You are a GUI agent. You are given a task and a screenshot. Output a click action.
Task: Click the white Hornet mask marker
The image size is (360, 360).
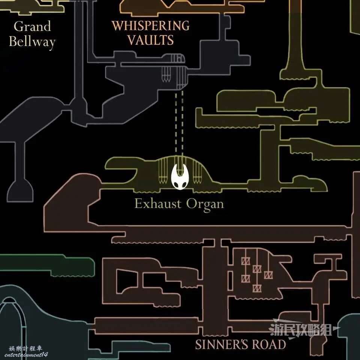[180, 176]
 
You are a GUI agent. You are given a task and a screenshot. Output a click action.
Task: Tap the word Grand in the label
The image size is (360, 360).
[32, 26]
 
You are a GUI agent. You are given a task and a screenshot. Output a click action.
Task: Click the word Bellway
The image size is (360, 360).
[32, 42]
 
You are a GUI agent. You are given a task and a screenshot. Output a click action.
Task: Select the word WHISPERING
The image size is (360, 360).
[151, 26]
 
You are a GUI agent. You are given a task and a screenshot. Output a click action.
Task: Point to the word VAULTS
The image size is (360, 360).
[151, 40]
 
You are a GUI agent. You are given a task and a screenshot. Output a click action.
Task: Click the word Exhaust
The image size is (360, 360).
[158, 204]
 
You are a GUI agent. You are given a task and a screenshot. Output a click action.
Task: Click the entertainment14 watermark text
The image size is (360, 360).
[26, 355]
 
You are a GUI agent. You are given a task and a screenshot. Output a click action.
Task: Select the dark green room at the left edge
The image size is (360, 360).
[47, 264]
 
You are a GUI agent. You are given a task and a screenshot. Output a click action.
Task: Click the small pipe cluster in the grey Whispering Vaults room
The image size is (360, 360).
[166, 74]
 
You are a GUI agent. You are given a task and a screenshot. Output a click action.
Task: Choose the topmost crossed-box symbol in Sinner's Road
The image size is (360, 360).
[245, 261]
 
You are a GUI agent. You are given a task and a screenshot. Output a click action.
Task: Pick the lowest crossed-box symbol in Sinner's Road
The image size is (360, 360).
[257, 288]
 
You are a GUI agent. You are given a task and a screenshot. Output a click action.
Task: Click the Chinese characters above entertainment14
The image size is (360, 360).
[25, 348]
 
